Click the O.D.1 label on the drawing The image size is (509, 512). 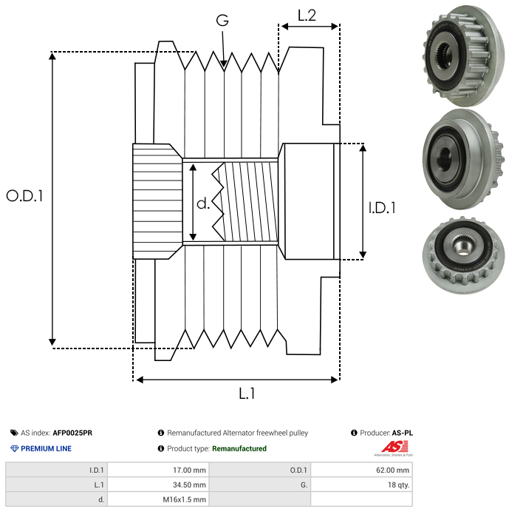(25, 196)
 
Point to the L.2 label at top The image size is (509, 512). (307, 15)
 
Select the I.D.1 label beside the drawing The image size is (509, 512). (381, 208)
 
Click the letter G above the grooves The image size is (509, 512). (222, 21)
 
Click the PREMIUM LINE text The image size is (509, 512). (46, 448)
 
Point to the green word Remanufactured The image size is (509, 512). (239, 448)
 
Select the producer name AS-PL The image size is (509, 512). (403, 433)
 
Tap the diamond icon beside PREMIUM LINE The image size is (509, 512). (14, 448)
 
